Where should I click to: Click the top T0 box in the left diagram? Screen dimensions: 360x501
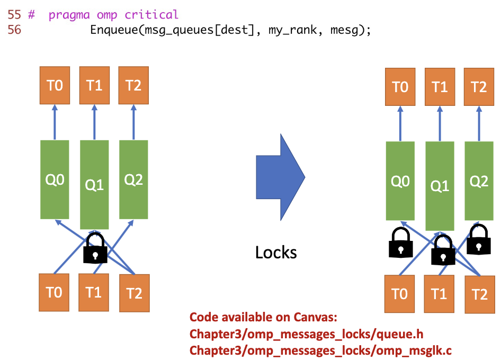coord(55,85)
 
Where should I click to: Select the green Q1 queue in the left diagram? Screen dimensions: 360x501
coord(94,184)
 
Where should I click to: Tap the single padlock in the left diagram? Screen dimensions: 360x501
coord(95,248)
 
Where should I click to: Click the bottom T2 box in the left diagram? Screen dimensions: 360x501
coord(134,293)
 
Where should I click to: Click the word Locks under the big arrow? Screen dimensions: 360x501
coord(276,252)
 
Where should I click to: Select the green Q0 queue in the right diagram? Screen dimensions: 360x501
coord(400,181)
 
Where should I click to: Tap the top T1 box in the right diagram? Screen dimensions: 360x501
coord(440,86)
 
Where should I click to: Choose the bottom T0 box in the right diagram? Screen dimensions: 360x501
coord(400,293)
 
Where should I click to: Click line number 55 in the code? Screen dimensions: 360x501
coord(14,15)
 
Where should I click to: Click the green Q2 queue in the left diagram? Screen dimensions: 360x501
coord(133,180)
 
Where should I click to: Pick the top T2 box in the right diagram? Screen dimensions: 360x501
coord(479,86)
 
